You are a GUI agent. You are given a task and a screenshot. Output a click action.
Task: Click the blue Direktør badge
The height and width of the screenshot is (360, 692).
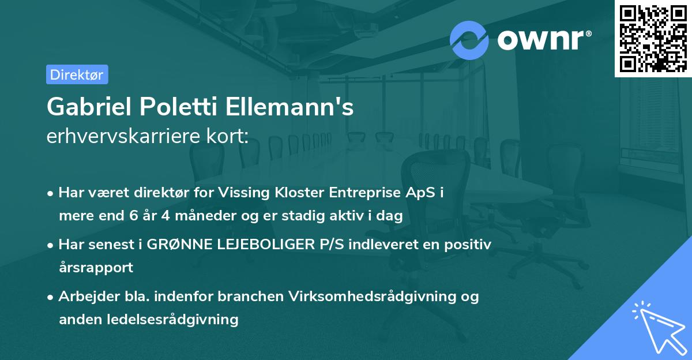click(77, 74)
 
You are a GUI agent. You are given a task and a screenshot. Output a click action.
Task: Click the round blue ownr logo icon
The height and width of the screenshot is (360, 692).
click(469, 40)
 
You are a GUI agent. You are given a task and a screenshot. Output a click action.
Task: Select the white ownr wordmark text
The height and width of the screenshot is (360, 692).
click(543, 40)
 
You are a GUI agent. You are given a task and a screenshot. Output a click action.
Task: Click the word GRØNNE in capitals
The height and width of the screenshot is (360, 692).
click(173, 245)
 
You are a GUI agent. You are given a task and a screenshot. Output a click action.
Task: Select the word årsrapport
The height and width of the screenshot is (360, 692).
click(96, 268)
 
